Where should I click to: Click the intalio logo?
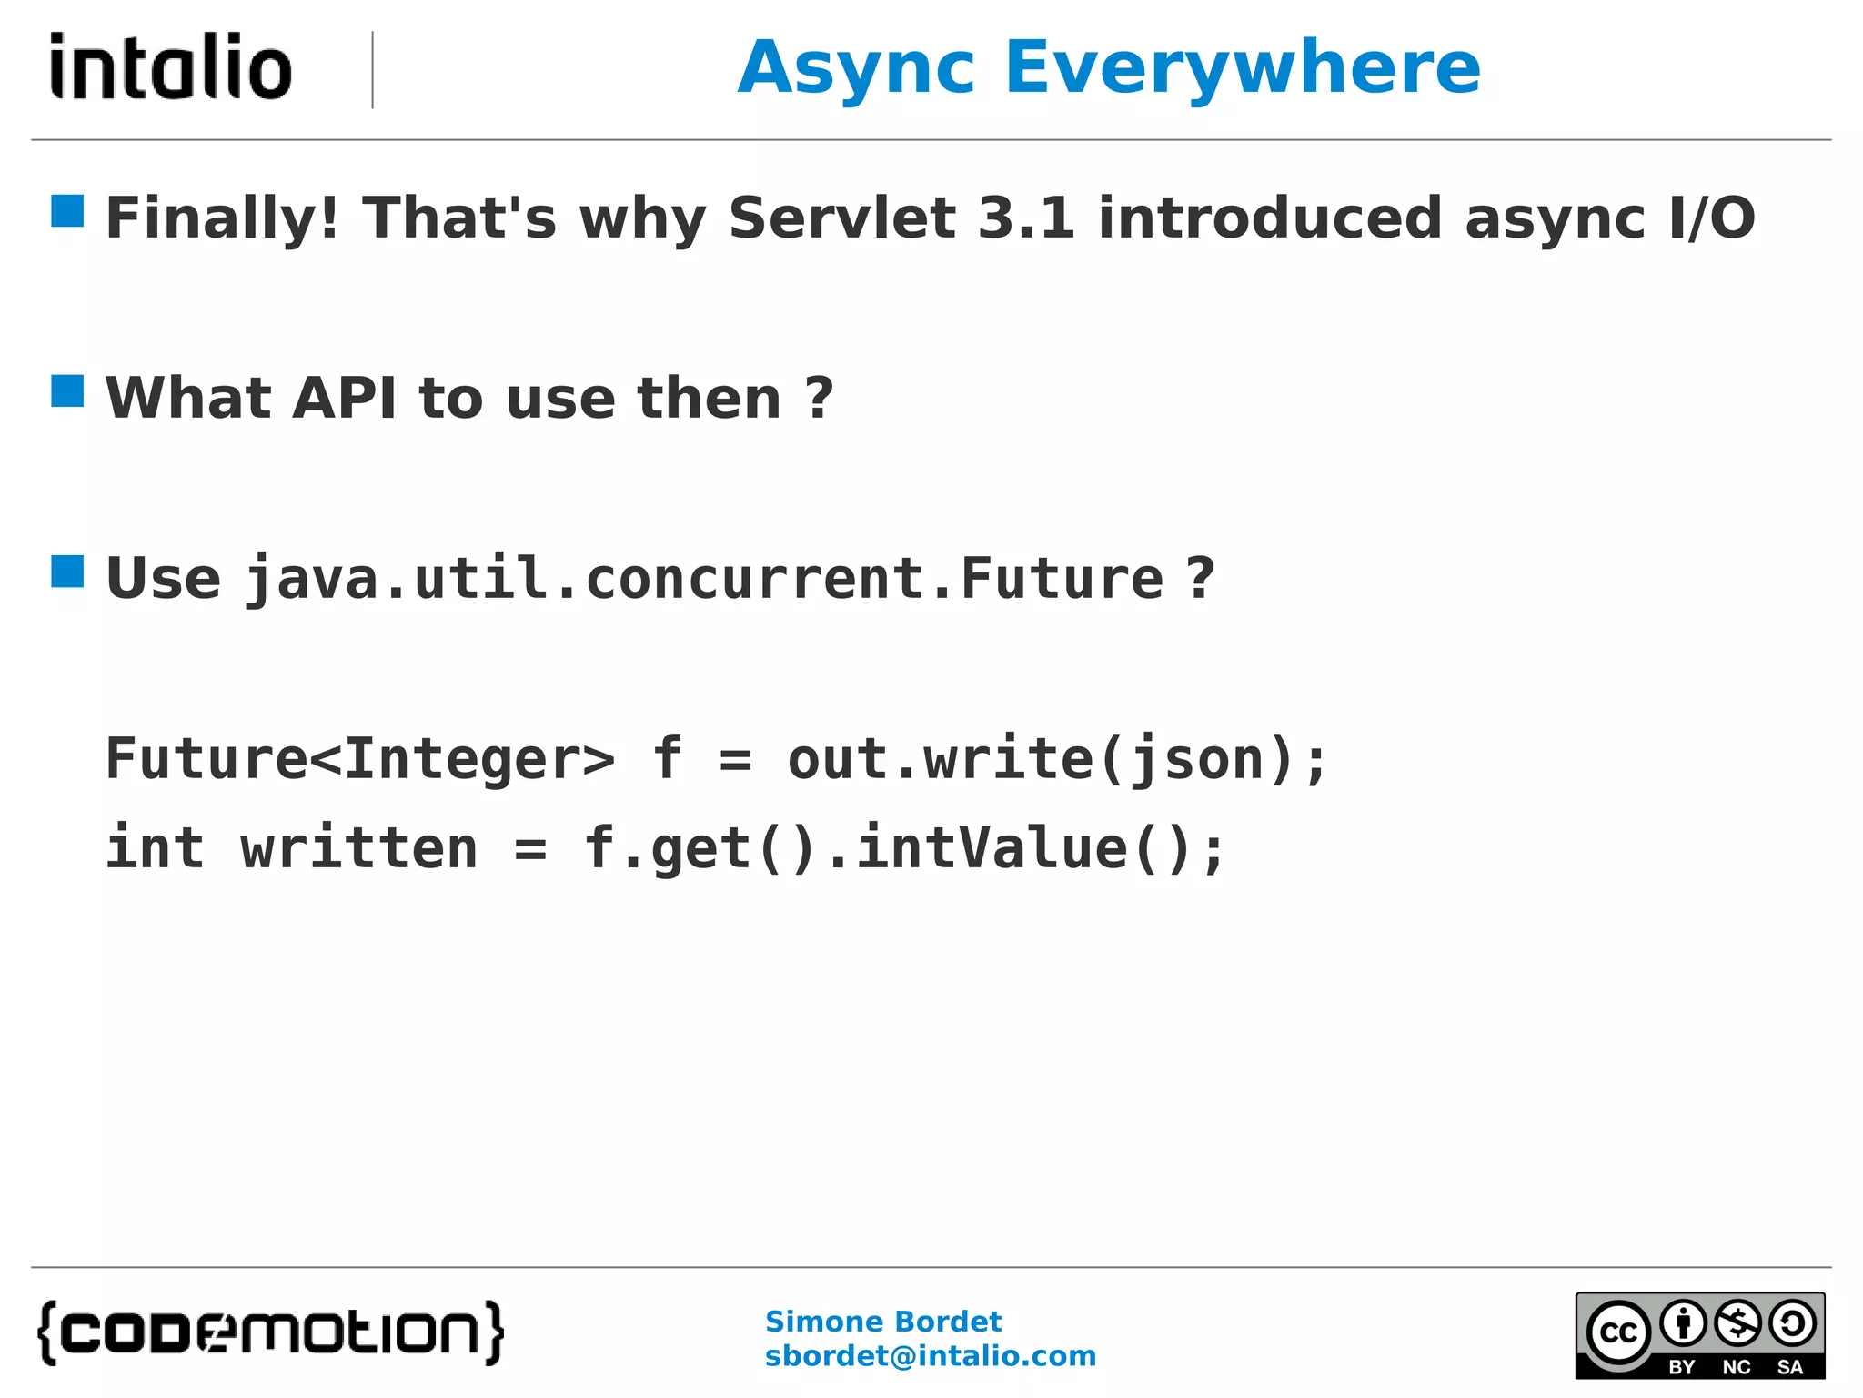pos(171,66)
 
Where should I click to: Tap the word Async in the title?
pos(857,69)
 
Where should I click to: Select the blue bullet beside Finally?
pos(67,211)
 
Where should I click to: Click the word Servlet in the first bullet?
pos(842,218)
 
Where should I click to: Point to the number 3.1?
pos(1026,218)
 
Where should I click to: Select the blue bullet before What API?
pos(67,391)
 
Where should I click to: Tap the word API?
pos(344,399)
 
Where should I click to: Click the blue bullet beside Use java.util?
pos(67,572)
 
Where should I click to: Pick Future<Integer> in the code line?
pos(360,759)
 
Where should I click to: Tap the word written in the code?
pos(359,848)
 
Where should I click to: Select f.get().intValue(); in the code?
pos(904,848)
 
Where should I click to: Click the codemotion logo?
pos(270,1332)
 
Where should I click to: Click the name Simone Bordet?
pos(882,1322)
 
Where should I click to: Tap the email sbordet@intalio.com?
pos(931,1356)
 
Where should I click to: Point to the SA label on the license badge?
pos(1790,1367)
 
